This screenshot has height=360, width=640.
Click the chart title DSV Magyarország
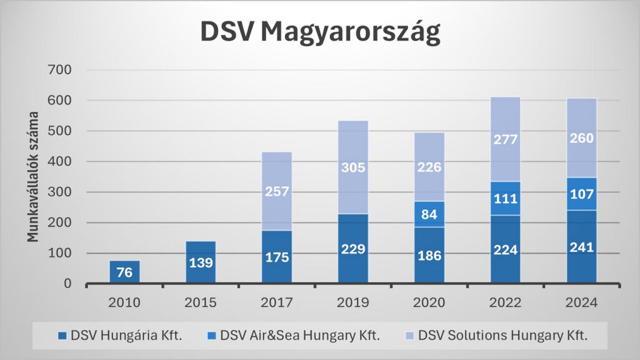point(320,32)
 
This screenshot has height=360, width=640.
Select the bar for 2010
point(124,272)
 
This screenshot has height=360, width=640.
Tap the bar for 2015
point(201,262)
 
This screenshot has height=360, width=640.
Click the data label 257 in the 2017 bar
point(277,191)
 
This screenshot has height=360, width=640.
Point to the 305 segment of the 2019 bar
point(353,167)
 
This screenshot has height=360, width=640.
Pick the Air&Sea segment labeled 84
point(429,214)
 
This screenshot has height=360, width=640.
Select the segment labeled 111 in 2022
point(506,198)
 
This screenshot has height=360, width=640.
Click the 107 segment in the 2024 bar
point(582,194)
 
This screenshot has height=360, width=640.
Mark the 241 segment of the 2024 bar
point(582,247)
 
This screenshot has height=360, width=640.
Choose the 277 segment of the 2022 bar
point(506,139)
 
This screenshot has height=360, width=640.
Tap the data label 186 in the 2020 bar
point(429,255)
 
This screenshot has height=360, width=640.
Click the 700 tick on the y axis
point(61,70)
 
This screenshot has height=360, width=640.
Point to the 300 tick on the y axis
point(61,192)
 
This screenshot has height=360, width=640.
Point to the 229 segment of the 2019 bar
point(353,249)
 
